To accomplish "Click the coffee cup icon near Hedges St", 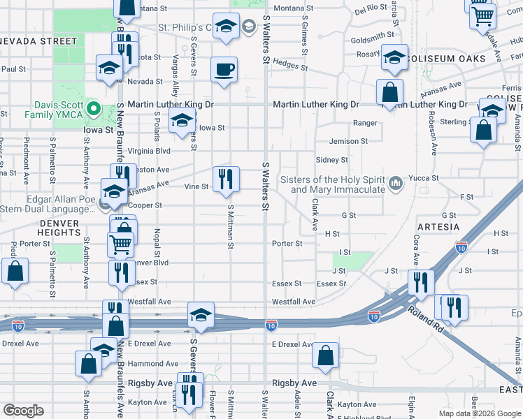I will point(224,69).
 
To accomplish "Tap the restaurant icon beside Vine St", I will point(226,179).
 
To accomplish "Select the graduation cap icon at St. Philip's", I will point(225,27).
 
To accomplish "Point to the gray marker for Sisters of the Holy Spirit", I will point(396,184).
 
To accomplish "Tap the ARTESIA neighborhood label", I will point(438,227).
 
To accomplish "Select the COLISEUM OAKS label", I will point(446,59).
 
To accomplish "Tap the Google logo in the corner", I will point(23,410).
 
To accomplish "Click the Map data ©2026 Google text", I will point(479,413).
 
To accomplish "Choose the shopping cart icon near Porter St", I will point(121,244).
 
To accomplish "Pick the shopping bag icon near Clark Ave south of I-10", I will point(326,355).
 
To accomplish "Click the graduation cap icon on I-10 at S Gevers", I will point(201,315).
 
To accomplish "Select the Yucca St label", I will point(424,178).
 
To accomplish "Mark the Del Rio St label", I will point(371,9).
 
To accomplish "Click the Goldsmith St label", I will point(373,36).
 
